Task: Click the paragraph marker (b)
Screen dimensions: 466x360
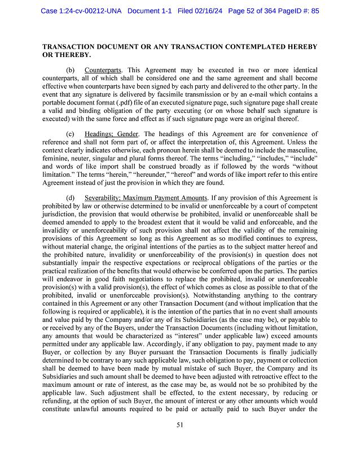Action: (71, 70)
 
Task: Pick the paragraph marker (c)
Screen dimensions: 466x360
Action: (71, 133)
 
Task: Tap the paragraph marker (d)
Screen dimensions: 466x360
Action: (71, 198)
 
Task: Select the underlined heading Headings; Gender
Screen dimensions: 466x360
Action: (112, 133)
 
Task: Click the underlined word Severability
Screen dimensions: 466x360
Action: (104, 198)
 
